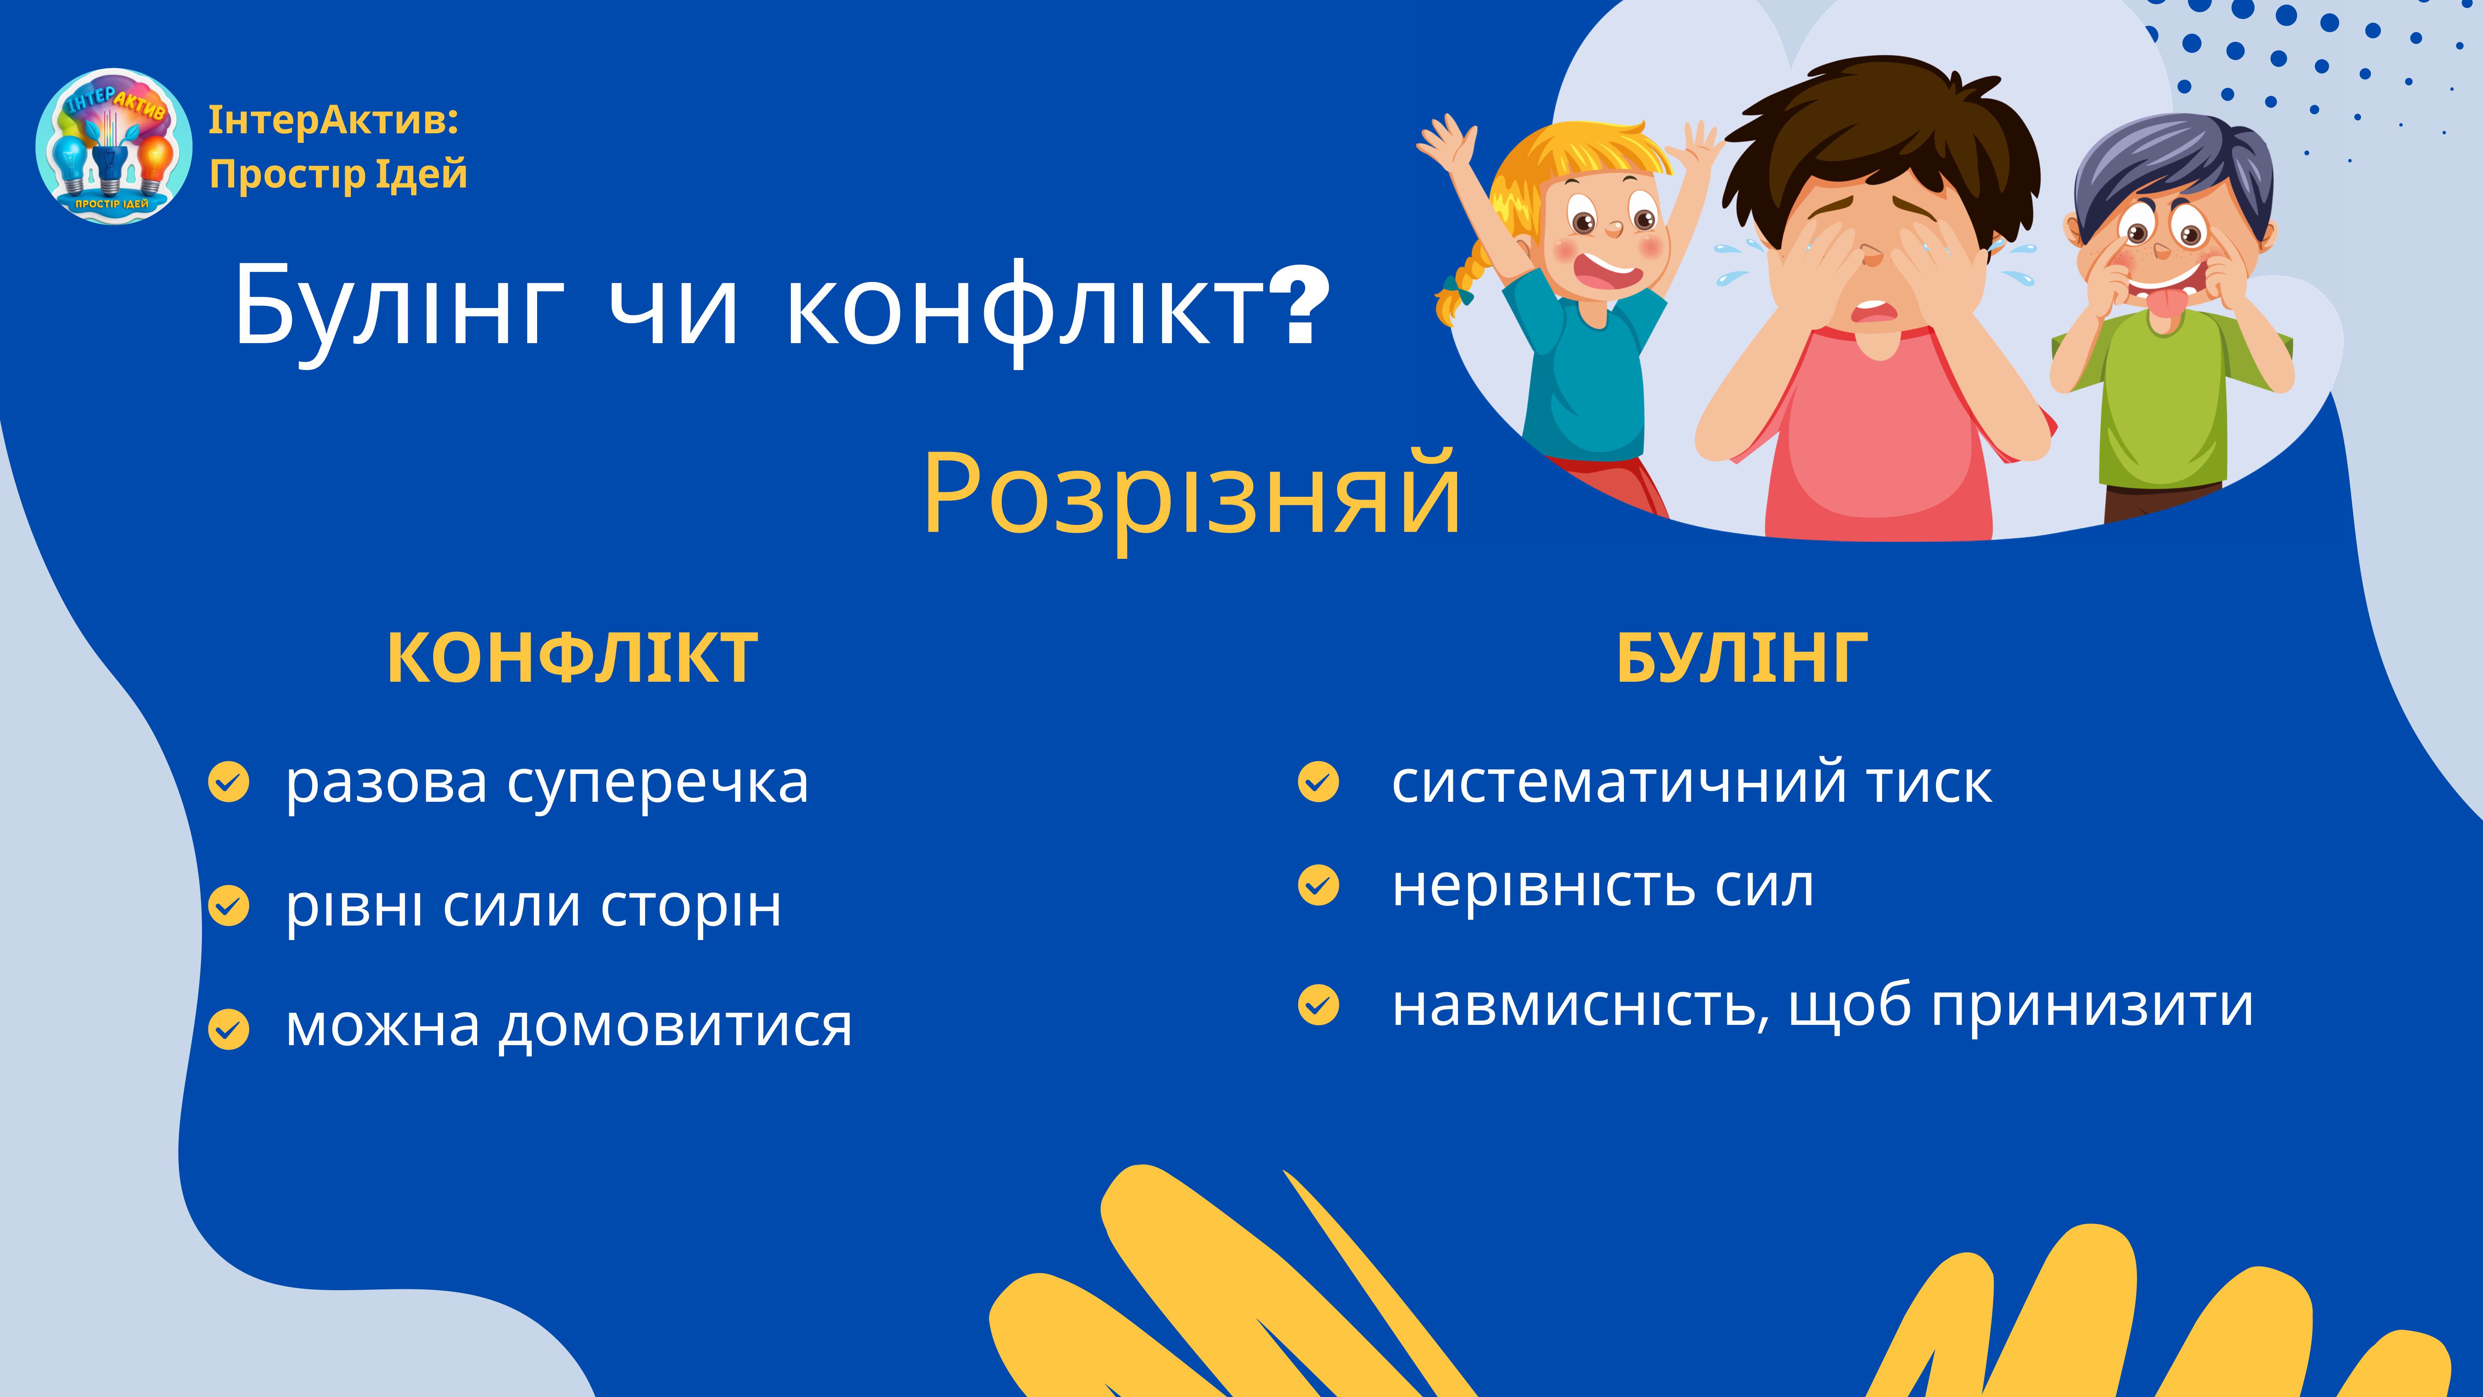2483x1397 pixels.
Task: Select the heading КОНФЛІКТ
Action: pos(573,659)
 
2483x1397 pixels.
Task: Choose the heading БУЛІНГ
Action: pos(1742,659)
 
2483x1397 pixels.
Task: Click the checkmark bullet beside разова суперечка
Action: pos(228,782)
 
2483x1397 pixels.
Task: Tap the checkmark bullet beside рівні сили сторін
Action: pos(228,905)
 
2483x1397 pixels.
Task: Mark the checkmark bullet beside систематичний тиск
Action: pos(1318,782)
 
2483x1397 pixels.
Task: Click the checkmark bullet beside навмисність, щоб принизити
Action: pos(1318,1005)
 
